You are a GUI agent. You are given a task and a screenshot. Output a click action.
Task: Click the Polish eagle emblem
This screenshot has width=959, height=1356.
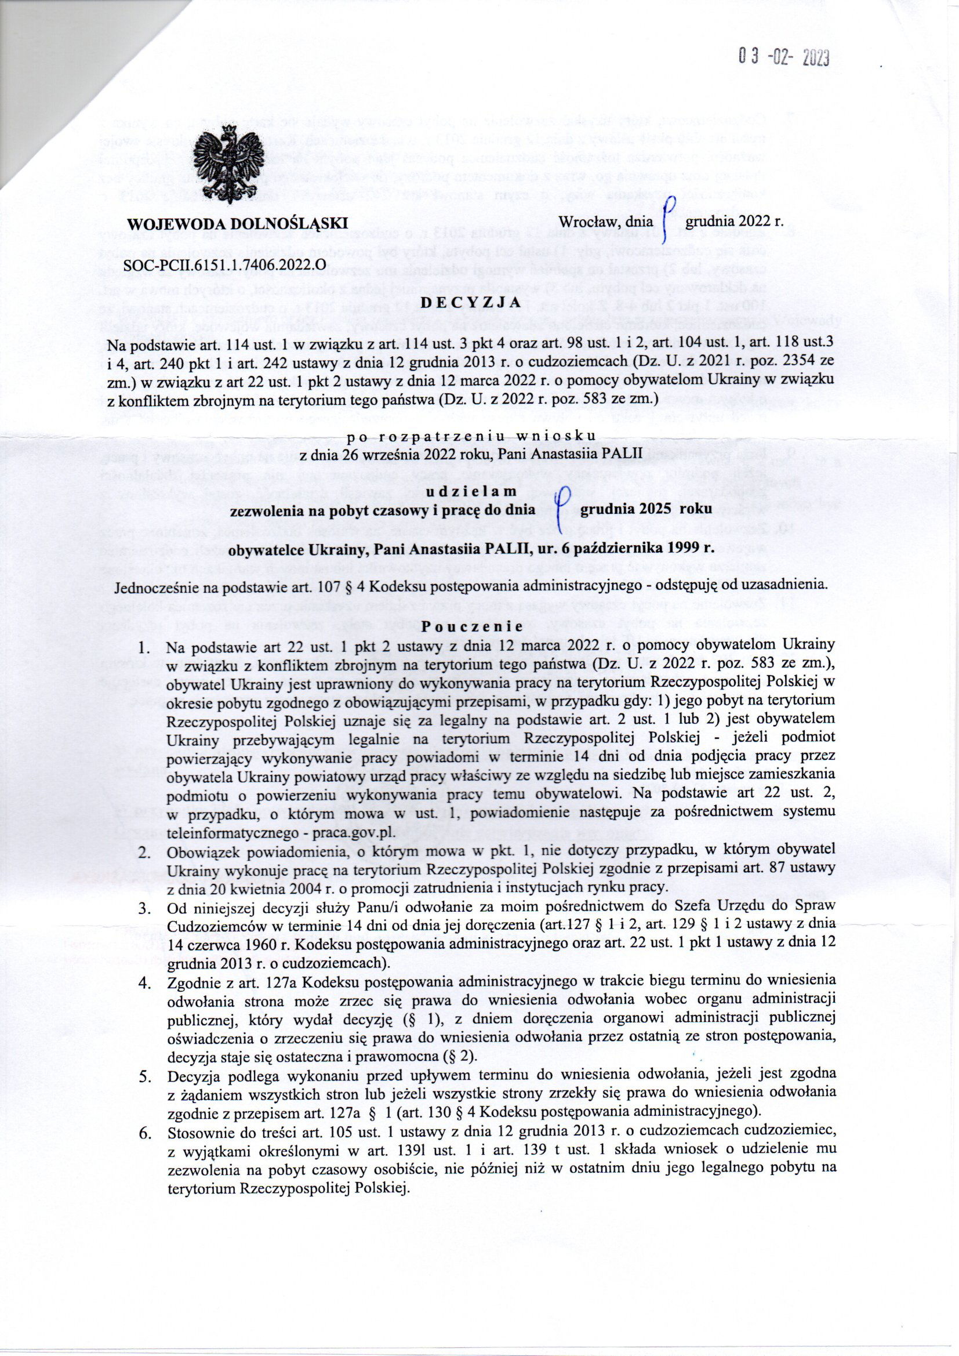[232, 168]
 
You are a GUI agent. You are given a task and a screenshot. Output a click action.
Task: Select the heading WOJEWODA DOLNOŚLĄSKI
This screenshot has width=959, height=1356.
[237, 223]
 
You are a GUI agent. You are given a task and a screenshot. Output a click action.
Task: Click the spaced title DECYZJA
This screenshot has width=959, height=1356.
[478, 302]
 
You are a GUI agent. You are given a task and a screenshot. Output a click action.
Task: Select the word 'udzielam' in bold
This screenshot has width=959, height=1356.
[478, 492]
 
